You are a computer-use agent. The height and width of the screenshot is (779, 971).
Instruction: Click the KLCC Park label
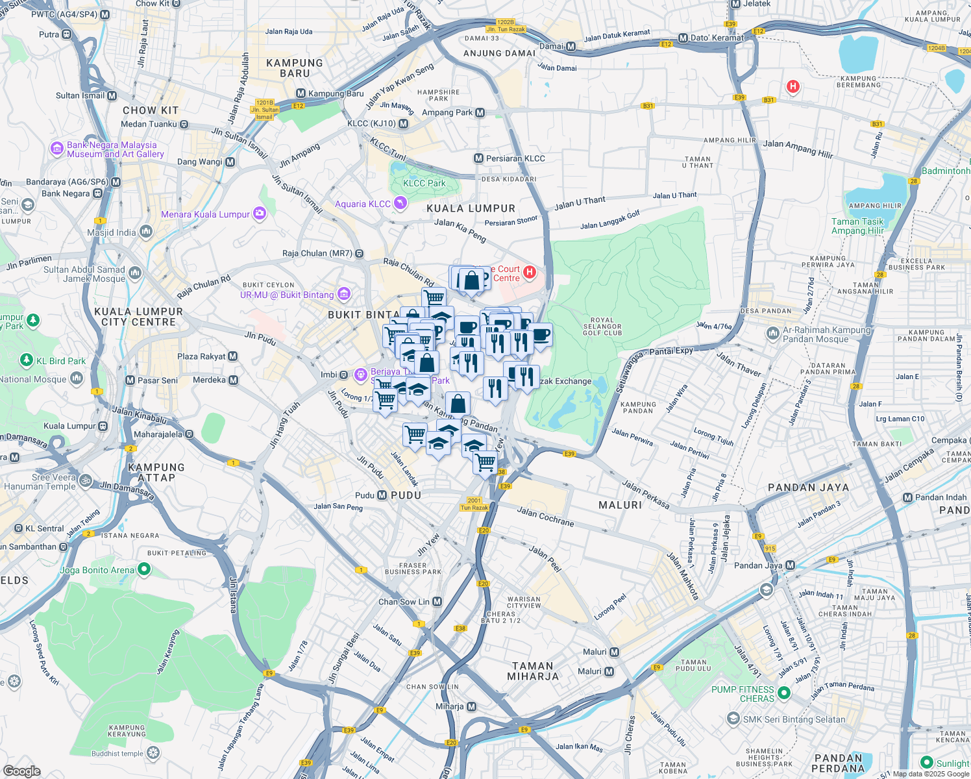pyautogui.click(x=424, y=183)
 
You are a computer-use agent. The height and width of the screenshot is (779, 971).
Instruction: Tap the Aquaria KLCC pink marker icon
pyautogui.click(x=400, y=204)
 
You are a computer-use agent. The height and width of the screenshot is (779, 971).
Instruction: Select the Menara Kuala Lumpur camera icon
pyautogui.click(x=260, y=214)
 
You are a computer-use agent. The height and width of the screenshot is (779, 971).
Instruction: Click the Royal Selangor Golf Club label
pyautogui.click(x=602, y=327)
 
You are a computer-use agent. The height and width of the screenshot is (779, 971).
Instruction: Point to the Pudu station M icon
pyautogui.click(x=382, y=495)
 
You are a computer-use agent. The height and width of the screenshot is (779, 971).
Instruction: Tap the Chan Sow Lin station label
pyautogui.click(x=404, y=602)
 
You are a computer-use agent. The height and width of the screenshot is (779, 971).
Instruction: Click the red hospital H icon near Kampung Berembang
pyautogui.click(x=793, y=86)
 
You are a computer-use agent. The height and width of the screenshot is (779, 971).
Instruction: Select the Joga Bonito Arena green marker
pyautogui.click(x=144, y=569)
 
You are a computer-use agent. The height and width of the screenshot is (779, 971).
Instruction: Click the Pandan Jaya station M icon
pyautogui.click(x=790, y=565)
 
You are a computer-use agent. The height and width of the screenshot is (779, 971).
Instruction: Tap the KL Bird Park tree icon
pyautogui.click(x=26, y=360)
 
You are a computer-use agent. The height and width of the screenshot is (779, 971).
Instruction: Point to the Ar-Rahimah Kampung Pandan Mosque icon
pyautogui.click(x=772, y=334)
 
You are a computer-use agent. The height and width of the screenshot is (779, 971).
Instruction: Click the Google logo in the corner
pyautogui.click(x=21, y=771)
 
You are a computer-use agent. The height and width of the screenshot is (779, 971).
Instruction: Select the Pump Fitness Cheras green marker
pyautogui.click(x=783, y=693)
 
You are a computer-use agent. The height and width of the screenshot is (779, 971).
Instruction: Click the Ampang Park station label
pyautogui.click(x=447, y=112)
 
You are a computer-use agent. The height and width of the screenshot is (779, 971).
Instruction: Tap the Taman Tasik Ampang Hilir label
pyautogui.click(x=857, y=226)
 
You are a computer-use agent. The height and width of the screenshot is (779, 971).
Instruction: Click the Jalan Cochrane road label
pyautogui.click(x=545, y=517)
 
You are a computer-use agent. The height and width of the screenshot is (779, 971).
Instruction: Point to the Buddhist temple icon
pyautogui.click(x=153, y=753)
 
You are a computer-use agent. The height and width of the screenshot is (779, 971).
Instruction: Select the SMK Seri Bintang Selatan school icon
pyautogui.click(x=733, y=719)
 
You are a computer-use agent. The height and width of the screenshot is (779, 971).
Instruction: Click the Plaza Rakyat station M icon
pyautogui.click(x=233, y=356)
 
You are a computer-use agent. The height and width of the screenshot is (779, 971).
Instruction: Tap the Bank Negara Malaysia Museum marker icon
pyautogui.click(x=56, y=149)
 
